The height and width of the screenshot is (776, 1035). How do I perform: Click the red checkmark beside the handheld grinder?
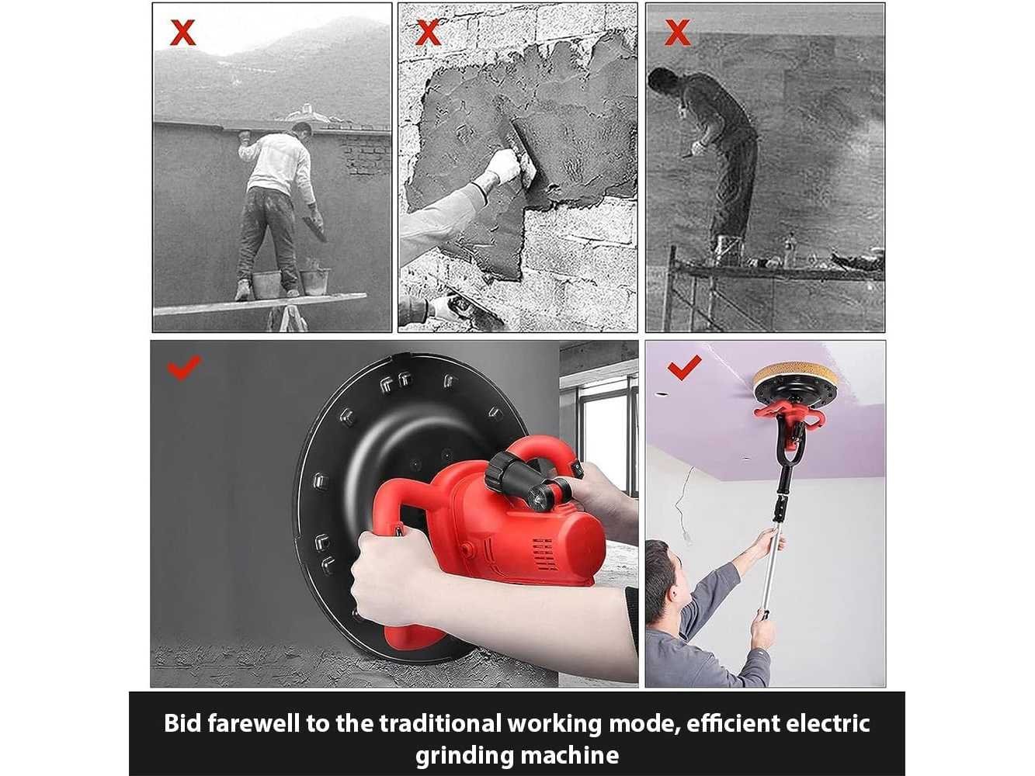point(184,367)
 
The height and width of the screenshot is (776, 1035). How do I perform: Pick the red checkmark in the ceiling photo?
point(685,367)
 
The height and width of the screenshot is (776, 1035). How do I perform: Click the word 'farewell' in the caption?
point(253,723)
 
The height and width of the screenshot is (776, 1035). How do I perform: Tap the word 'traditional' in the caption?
point(440,723)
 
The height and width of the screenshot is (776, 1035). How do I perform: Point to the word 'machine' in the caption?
point(568,755)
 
